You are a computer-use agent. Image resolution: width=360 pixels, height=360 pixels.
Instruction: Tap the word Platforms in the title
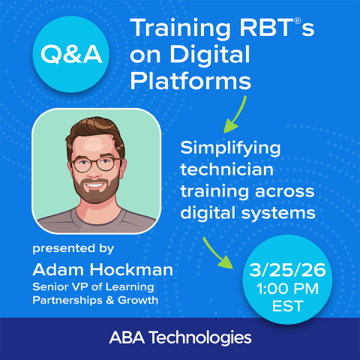[189, 79]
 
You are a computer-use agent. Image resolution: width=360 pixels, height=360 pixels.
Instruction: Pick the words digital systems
[247, 213]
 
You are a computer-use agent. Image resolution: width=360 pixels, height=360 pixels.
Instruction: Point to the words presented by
[73, 247]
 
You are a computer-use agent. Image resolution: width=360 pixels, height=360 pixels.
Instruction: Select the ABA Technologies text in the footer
[180, 335]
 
